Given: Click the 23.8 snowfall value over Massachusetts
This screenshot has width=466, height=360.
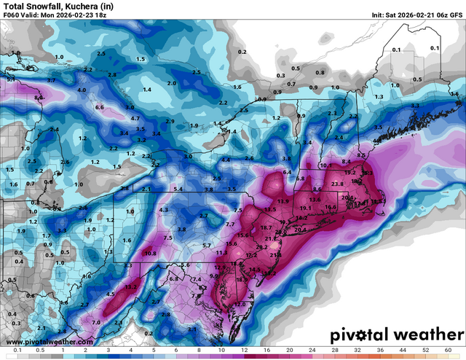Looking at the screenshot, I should [337, 184].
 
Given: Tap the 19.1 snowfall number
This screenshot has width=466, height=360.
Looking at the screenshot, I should [306, 208].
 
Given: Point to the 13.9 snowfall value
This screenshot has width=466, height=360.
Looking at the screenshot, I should [283, 201].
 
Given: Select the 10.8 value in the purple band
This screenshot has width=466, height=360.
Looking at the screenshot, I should [151, 254].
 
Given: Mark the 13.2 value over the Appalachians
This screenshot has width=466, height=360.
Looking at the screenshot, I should [132, 287].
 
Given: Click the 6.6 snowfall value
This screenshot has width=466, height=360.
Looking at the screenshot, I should [100, 107].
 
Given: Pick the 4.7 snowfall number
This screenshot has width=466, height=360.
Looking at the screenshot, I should [135, 118].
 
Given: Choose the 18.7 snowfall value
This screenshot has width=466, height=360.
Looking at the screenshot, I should [266, 228].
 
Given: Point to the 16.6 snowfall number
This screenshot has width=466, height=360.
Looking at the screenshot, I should [331, 207].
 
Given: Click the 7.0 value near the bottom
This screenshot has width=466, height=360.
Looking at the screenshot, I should [95, 322].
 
